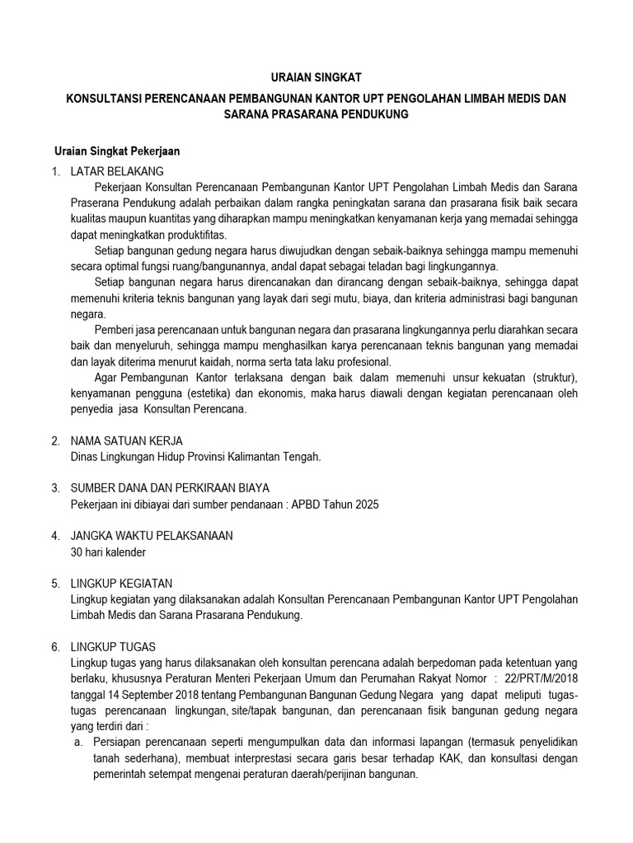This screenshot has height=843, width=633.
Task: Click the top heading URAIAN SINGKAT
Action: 316,79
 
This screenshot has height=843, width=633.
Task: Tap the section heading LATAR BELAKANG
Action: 117,171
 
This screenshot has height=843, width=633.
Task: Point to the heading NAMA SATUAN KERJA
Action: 127,440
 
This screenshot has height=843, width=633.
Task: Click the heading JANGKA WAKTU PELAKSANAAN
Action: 152,535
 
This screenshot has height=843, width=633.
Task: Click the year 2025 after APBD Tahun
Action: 365,504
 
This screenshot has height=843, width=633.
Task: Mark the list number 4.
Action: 54,535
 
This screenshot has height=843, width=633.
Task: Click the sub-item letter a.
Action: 77,743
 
